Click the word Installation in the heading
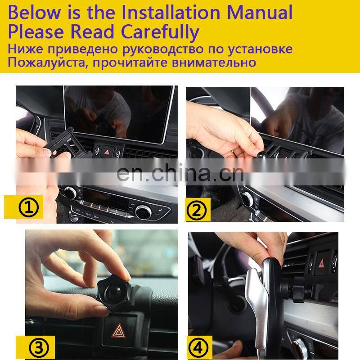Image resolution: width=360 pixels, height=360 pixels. pos(171,12)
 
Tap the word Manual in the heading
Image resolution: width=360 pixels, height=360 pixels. pos(260,12)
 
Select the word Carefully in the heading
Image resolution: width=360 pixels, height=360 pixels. pos(160,32)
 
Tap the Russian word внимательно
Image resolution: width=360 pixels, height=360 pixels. pos(214,62)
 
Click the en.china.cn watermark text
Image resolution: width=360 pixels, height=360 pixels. pos(180,173)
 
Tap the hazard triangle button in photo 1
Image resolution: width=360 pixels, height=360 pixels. pos(107,152)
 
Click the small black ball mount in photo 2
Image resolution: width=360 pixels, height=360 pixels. pos(261,155)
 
